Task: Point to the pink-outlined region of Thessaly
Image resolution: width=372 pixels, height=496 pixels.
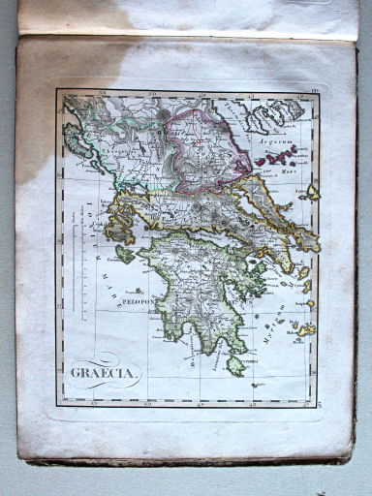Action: click(x=194, y=145)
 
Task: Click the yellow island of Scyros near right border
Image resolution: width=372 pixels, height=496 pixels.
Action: click(x=312, y=192)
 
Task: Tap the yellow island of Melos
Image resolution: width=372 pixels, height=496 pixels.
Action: click(x=306, y=330)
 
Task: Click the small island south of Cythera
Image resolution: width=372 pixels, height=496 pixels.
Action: click(x=255, y=385)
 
